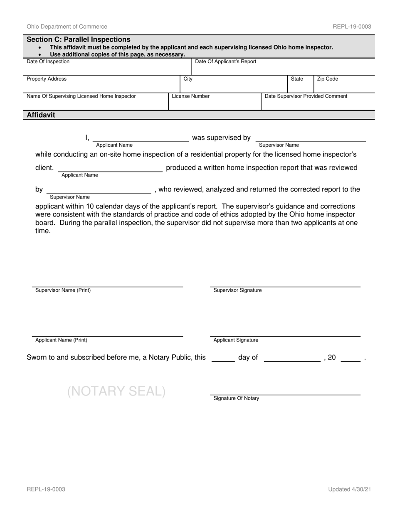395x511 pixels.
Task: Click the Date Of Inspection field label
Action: click(x=48, y=61)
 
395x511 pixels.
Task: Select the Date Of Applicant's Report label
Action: click(x=225, y=61)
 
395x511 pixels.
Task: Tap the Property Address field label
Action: click(x=47, y=79)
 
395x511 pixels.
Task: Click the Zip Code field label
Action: click(x=328, y=79)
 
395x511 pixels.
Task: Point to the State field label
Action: click(x=297, y=79)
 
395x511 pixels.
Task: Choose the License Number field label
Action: click(x=191, y=96)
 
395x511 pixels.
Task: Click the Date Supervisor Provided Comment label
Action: click(x=306, y=96)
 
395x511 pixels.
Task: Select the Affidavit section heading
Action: click(x=41, y=115)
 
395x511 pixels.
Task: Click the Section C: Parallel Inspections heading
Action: click(x=79, y=39)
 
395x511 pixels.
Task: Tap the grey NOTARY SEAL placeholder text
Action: click(x=116, y=391)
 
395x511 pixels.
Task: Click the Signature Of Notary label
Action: click(x=236, y=398)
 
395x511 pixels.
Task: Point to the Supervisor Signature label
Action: click(x=237, y=290)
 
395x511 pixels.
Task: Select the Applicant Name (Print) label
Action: click(x=61, y=340)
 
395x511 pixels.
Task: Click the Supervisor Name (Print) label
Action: click(x=63, y=290)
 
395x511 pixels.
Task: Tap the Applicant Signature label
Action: click(x=236, y=340)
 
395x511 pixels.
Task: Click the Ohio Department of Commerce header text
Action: click(x=67, y=27)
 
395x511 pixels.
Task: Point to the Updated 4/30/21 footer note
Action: click(x=349, y=489)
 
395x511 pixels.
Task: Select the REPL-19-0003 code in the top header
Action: click(x=352, y=27)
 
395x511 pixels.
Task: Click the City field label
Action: click(x=188, y=79)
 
